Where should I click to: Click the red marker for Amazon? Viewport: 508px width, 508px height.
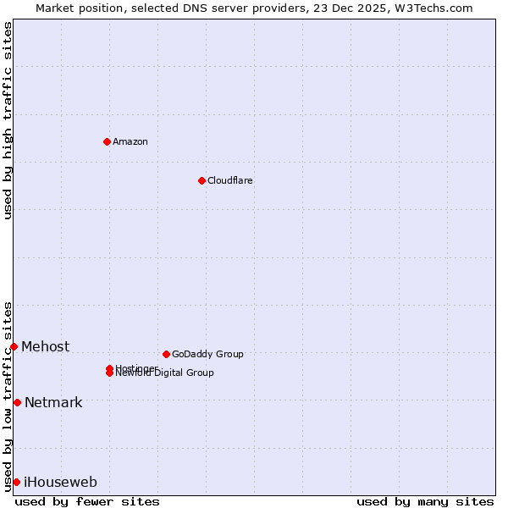(x=108, y=141)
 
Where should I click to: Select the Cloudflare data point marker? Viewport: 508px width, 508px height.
(x=202, y=180)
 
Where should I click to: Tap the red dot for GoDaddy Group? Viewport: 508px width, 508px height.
(x=166, y=354)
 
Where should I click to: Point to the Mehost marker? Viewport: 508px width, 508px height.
(x=14, y=346)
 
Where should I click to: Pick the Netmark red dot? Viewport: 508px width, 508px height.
(x=17, y=402)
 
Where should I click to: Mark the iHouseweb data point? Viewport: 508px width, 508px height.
(x=16, y=482)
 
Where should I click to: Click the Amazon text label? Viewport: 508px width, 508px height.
(x=130, y=141)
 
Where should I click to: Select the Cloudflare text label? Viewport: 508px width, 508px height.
(x=230, y=180)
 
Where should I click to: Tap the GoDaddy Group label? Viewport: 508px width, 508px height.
(x=207, y=354)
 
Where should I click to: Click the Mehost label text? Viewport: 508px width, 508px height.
(x=46, y=346)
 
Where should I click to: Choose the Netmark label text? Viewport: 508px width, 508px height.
(x=53, y=402)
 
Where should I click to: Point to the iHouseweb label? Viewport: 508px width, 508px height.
(x=60, y=482)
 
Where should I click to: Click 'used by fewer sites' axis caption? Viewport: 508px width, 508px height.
(x=87, y=501)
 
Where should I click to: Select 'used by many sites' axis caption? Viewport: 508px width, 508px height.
(x=425, y=501)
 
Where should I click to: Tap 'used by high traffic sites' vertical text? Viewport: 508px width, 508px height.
(x=8, y=120)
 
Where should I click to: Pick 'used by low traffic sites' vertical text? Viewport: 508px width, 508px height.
(x=8, y=396)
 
